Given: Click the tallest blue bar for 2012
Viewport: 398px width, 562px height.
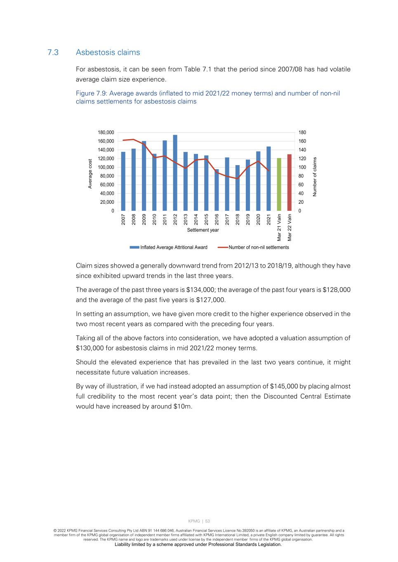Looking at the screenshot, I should click(175, 173).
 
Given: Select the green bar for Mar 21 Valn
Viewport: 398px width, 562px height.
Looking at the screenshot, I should click(279, 184).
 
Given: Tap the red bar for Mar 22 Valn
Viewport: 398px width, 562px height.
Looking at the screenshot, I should click(290, 183).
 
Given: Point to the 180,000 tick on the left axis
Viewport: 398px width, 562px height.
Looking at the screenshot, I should click(106, 133).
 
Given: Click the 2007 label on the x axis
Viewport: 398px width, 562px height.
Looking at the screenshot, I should click(123, 219).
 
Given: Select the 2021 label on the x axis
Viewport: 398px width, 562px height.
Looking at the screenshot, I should click(269, 219).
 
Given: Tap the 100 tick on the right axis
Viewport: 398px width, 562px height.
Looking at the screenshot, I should click(302, 168).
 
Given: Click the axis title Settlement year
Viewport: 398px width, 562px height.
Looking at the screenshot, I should click(203, 230).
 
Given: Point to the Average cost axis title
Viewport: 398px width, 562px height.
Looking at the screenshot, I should click(90, 174).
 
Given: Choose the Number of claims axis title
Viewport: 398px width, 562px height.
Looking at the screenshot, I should click(315, 177).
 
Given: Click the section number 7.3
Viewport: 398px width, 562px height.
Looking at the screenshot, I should click(53, 52).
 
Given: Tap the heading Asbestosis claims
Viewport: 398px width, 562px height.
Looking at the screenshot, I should click(108, 52).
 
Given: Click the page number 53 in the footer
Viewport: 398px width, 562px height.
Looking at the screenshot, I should click(208, 521).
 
